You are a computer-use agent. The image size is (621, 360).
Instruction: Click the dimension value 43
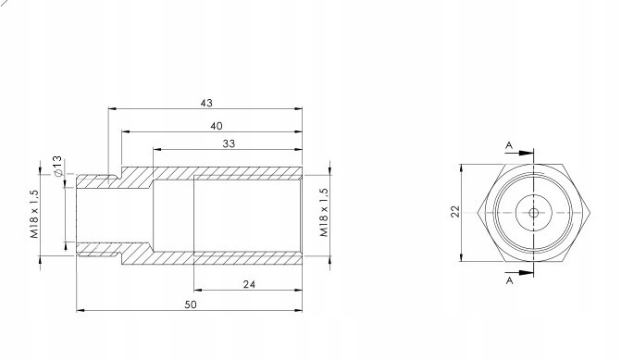tap(206, 103)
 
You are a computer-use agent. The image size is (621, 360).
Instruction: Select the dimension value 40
tap(217, 126)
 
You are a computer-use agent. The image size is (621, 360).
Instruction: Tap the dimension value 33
tap(229, 143)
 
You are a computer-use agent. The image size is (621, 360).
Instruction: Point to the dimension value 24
tap(249, 284)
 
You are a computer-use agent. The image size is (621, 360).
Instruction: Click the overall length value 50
tap(191, 304)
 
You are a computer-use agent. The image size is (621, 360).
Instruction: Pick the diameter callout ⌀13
tap(57, 166)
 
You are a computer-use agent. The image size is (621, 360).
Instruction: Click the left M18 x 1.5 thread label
tap(35, 214)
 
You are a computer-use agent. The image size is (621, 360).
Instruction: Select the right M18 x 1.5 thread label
tap(324, 213)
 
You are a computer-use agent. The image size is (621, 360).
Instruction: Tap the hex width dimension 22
tap(456, 212)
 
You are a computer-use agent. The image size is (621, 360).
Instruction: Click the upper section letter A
tap(509, 145)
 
